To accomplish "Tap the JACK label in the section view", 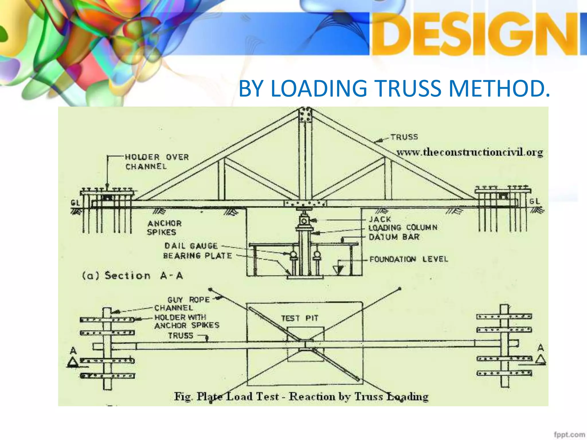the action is [x=380, y=219].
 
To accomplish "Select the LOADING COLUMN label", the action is [x=403, y=228].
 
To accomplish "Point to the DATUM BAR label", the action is [x=394, y=237].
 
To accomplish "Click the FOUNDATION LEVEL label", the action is [x=408, y=259].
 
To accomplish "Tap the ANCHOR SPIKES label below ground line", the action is [x=164, y=227].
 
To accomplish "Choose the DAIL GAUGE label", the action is [x=191, y=246].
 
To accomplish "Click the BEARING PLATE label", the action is [x=197, y=256].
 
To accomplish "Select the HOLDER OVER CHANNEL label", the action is [x=157, y=162].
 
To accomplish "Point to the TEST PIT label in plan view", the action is [x=300, y=318].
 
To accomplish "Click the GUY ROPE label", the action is [x=189, y=300].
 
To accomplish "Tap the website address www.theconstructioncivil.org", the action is [x=469, y=152].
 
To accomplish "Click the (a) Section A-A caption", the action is [x=132, y=276].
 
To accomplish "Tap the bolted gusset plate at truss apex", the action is [x=305, y=115].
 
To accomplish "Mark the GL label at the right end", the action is [x=535, y=201].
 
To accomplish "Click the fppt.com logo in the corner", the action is [x=569, y=435].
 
